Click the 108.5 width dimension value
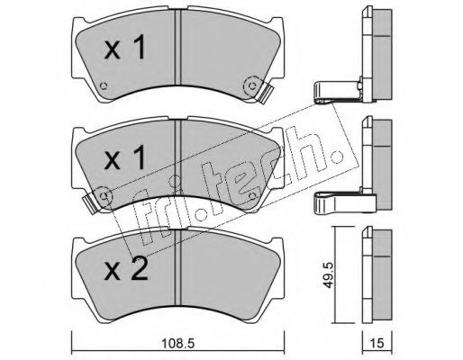(178, 343)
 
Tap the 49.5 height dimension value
(329, 275)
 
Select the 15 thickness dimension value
(377, 343)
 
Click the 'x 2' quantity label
(126, 269)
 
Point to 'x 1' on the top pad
(125, 47)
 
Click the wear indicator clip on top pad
(266, 93)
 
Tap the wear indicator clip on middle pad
(90, 203)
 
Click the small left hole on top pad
(104, 85)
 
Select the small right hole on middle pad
(252, 196)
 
